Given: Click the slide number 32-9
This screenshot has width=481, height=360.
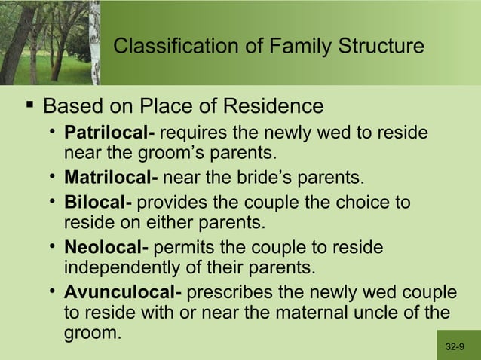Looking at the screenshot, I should point(455,347).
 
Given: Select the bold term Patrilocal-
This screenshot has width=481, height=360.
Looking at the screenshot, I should point(109,134).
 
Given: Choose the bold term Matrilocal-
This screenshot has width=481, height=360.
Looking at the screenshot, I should point(111,179).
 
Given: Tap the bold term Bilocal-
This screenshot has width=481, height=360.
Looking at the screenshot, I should point(98,203).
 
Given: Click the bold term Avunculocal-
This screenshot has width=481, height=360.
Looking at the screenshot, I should point(123,292).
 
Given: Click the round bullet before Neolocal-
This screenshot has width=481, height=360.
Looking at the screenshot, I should point(53,248).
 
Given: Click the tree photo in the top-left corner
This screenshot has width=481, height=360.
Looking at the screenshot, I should point(49,41).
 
